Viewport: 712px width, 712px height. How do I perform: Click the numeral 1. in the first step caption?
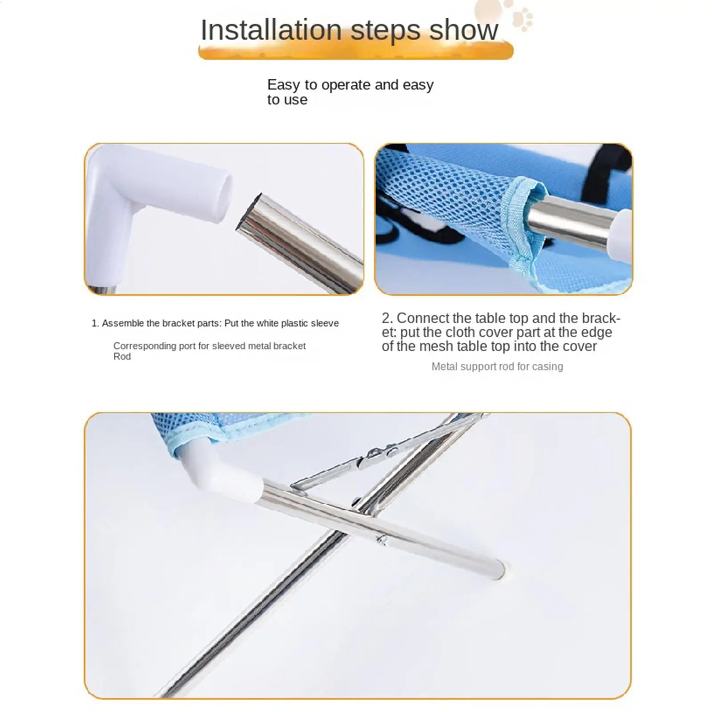point(95,323)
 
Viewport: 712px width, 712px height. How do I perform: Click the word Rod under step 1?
point(122,357)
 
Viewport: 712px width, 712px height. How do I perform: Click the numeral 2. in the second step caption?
point(387,318)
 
